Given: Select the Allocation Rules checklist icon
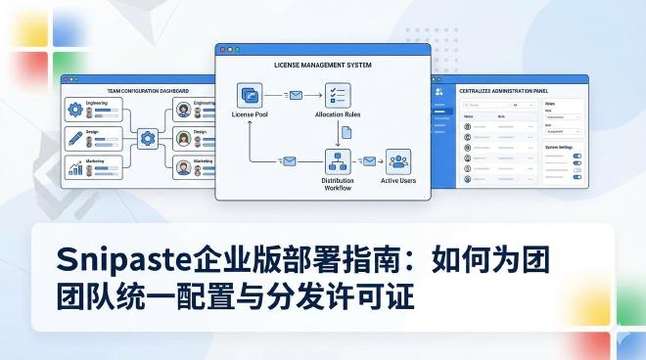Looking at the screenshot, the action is pyautogui.click(x=337, y=95).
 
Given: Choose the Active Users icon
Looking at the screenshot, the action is pyautogui.click(x=396, y=161).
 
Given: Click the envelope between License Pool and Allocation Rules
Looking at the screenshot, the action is pyautogui.click(x=295, y=95).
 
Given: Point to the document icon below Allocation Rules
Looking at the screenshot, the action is pyautogui.click(x=337, y=128).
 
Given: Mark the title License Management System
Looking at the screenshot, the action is pyautogui.click(x=322, y=64).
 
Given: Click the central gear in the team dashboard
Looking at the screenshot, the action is pyautogui.click(x=148, y=138).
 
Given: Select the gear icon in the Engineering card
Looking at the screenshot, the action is pyautogui.click(x=74, y=110).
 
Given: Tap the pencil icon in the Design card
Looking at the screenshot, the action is pyautogui.click(x=74, y=137).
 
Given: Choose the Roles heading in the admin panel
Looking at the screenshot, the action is pyautogui.click(x=548, y=103).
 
